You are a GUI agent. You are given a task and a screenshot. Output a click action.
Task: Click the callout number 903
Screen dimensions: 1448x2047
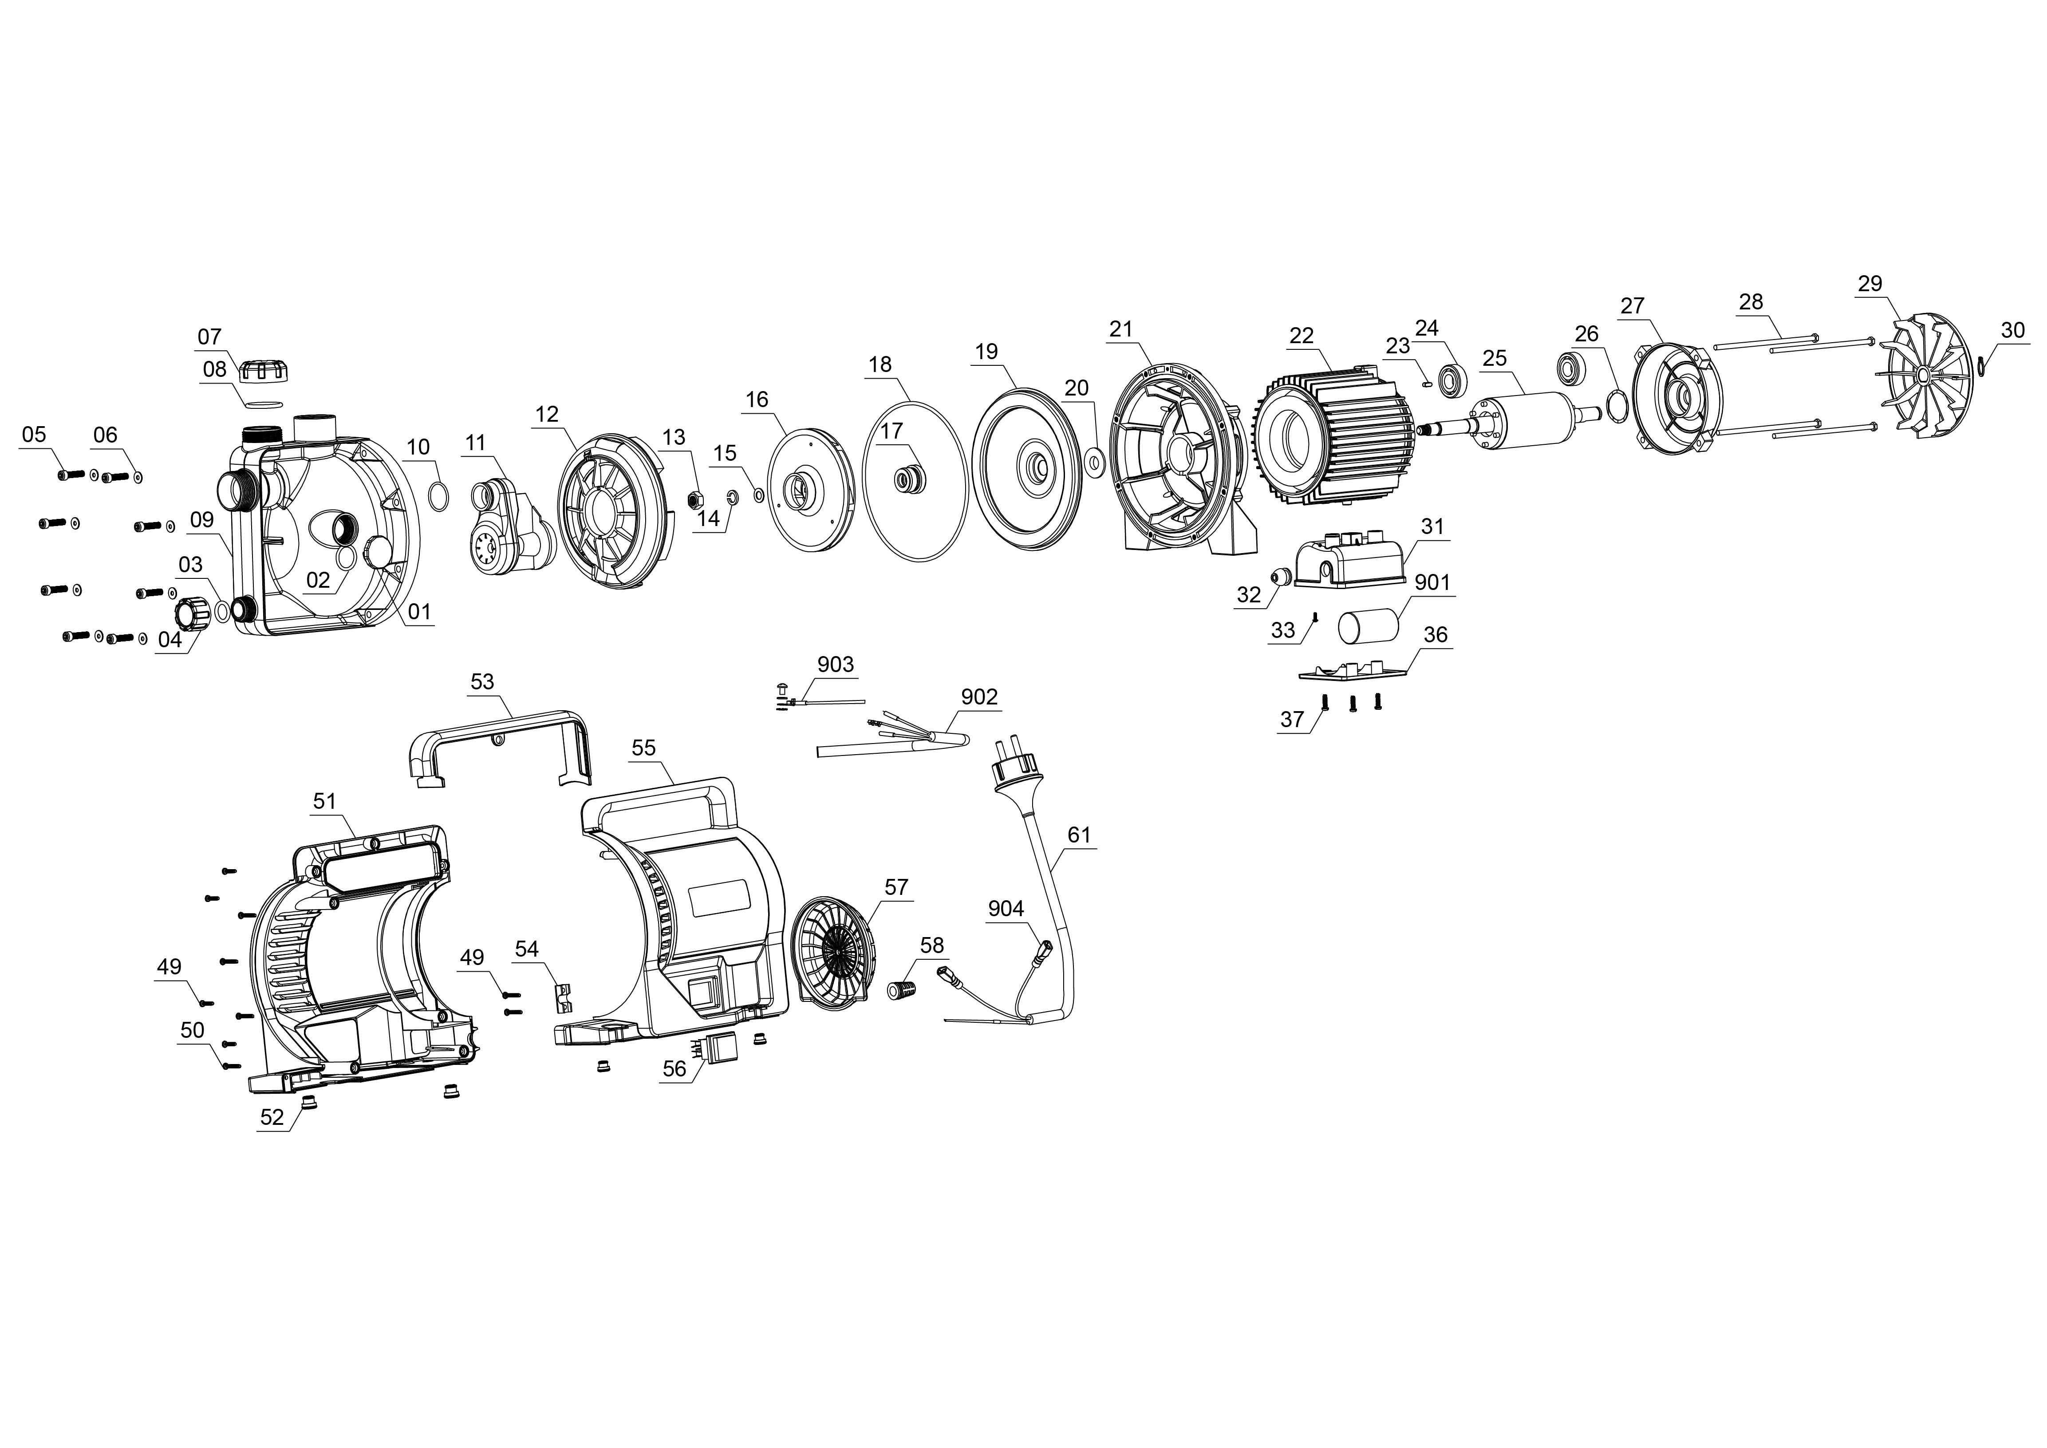(836, 664)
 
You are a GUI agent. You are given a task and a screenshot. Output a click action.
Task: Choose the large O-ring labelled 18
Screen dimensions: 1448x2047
(915, 482)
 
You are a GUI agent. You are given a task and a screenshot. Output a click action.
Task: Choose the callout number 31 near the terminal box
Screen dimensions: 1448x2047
(1432, 527)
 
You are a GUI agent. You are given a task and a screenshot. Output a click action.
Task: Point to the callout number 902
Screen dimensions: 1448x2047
(979, 696)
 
